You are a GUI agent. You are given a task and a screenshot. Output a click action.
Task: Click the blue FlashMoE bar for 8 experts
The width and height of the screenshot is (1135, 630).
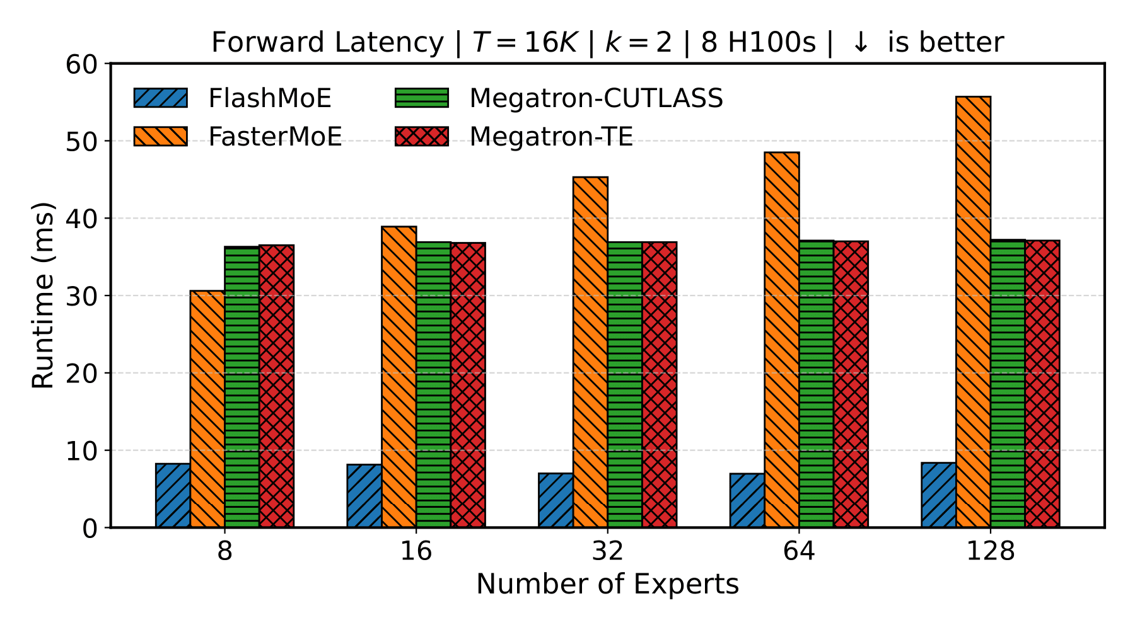click(173, 495)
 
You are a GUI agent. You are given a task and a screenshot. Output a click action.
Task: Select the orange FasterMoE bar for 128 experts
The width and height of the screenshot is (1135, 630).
click(973, 312)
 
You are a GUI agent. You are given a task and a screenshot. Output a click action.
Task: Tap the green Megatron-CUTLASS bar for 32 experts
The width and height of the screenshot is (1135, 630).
click(625, 384)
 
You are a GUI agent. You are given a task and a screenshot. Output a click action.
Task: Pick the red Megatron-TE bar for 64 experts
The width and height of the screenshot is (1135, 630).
click(851, 384)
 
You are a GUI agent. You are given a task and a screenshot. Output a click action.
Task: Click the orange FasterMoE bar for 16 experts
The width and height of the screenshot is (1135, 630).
click(399, 377)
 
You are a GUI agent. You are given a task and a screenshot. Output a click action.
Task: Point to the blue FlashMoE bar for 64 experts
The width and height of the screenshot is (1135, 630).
click(747, 500)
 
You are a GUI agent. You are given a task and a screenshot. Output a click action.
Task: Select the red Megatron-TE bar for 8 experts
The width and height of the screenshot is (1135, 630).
click(276, 386)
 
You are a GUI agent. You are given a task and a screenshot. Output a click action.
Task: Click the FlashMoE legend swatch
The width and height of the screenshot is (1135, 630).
click(161, 98)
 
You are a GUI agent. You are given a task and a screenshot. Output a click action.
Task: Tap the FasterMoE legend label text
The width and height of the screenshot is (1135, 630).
click(275, 137)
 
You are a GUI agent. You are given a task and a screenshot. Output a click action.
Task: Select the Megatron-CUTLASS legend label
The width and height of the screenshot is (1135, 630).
click(596, 98)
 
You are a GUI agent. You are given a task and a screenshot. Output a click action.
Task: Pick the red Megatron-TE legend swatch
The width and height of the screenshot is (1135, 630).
click(422, 137)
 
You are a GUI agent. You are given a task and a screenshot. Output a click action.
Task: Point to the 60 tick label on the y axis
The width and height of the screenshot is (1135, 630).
click(81, 64)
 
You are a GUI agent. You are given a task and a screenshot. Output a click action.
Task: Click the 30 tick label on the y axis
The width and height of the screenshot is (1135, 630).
click(81, 295)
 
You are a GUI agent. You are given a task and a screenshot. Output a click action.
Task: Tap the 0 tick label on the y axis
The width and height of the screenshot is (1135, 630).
click(90, 528)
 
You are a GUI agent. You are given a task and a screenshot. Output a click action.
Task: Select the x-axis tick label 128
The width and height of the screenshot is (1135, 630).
click(990, 552)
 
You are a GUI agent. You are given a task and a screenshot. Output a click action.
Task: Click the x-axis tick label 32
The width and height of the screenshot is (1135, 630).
click(607, 552)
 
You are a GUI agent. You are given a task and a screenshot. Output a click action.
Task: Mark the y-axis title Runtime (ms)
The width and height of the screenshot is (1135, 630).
click(43, 295)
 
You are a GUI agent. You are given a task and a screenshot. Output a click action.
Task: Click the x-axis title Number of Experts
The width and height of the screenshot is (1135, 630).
click(607, 585)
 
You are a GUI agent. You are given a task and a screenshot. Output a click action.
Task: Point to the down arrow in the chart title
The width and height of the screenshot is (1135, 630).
click(859, 43)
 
